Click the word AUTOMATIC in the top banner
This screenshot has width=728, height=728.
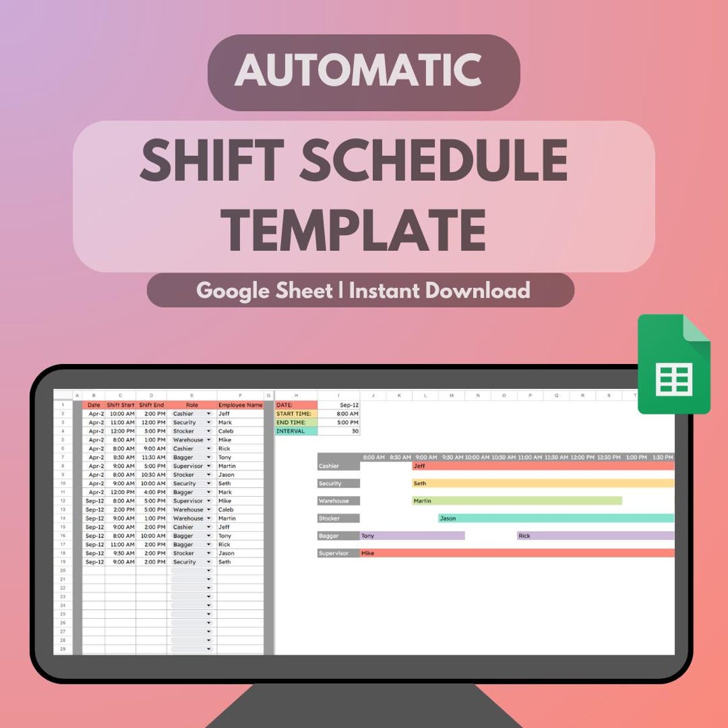[x=358, y=70]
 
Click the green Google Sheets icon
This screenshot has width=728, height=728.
[x=674, y=365]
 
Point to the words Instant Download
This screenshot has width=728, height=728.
[x=439, y=291]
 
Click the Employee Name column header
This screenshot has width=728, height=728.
[x=240, y=405]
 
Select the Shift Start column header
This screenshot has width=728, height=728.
[x=121, y=405]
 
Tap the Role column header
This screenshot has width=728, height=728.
[x=192, y=405]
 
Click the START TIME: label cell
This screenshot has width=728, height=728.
[x=296, y=414]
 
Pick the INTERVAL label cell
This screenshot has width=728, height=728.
[x=296, y=431]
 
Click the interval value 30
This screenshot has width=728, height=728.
[x=338, y=431]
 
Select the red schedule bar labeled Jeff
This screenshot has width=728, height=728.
[x=543, y=466]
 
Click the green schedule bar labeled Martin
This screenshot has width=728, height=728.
[x=517, y=501]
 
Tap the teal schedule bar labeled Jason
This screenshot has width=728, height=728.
[x=556, y=518]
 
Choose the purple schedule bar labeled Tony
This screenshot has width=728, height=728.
[x=413, y=536]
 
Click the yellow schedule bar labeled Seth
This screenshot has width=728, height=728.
[x=543, y=483]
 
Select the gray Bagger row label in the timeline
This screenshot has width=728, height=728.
[x=338, y=536]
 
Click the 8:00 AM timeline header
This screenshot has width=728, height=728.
[x=374, y=457]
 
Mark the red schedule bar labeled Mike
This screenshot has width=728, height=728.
[x=517, y=553]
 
